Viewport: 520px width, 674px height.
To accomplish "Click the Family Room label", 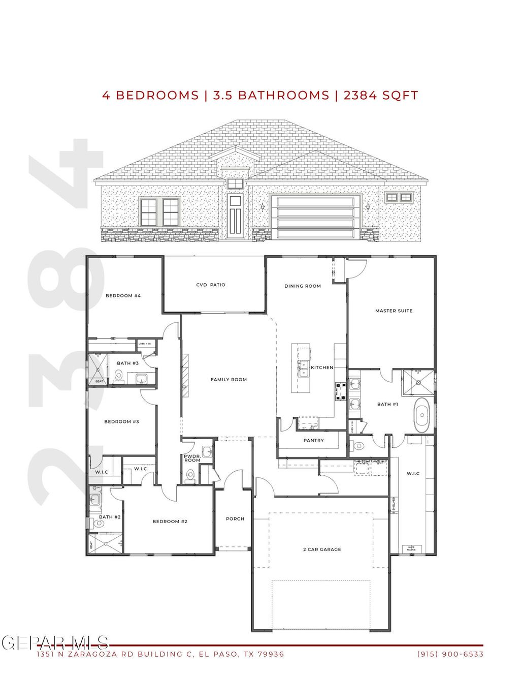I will click(x=229, y=380).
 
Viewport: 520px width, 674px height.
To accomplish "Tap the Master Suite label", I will click(x=394, y=311).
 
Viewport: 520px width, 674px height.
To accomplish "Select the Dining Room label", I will click(x=303, y=286).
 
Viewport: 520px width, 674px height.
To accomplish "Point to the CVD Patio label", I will click(x=211, y=285).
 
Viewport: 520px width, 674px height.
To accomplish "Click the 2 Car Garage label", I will click(x=322, y=549).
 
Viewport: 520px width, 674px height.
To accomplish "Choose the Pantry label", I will click(x=313, y=441).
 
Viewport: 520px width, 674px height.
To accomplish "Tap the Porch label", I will click(x=235, y=519).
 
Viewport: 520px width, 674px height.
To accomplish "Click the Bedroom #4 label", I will click(x=123, y=296).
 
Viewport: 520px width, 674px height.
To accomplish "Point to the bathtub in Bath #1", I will click(x=421, y=415).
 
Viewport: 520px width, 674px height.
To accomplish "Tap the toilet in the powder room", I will click(x=190, y=475).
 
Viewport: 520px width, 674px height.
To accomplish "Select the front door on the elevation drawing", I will click(x=235, y=216).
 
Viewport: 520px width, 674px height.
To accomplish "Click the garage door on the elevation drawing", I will click(x=313, y=217).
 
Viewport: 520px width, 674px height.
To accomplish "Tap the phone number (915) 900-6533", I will click(x=450, y=654).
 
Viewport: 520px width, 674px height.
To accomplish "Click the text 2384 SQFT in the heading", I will click(x=381, y=96).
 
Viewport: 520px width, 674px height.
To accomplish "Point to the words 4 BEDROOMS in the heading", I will click(x=150, y=96).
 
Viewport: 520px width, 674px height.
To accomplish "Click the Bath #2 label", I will click(x=110, y=517).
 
